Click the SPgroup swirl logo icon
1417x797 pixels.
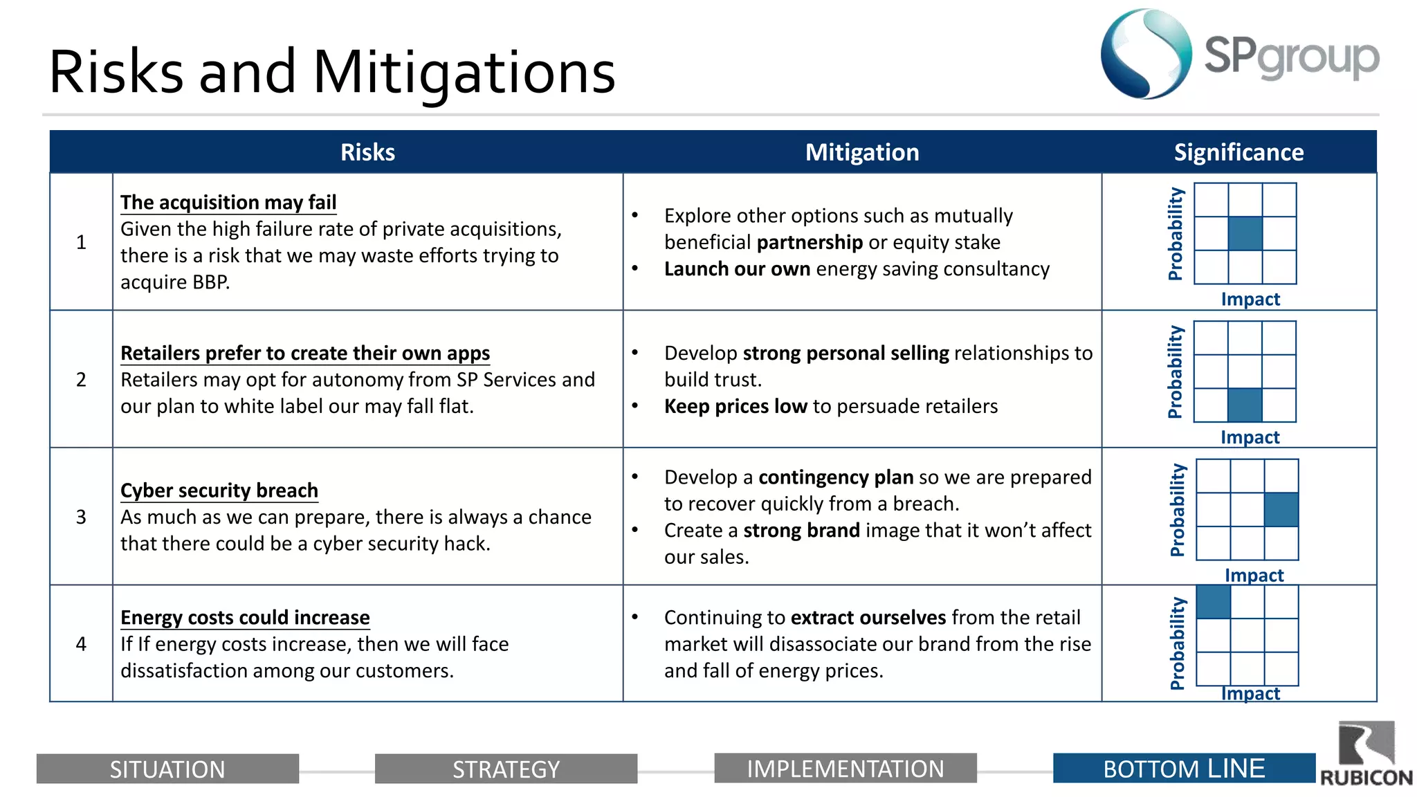(x=1146, y=54)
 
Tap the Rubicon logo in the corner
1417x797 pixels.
(x=1366, y=754)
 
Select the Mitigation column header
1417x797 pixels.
(x=861, y=152)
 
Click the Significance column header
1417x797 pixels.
(x=1238, y=152)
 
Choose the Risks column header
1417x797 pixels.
(x=367, y=152)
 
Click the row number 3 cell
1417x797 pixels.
(x=81, y=517)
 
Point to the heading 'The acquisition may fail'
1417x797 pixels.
(x=228, y=202)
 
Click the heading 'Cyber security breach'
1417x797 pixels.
(x=219, y=491)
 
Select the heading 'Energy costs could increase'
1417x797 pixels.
(x=245, y=617)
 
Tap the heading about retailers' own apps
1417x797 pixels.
(x=305, y=353)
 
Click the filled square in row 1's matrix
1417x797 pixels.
(x=1245, y=233)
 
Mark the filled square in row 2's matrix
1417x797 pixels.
(x=1245, y=405)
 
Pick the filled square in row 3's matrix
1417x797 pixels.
(x=1281, y=510)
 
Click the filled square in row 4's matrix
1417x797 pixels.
(x=1213, y=602)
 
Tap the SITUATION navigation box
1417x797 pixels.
(x=167, y=769)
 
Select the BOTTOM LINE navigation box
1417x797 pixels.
(x=1183, y=769)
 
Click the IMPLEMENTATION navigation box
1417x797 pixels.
(x=845, y=769)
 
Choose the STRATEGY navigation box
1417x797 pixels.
(x=506, y=769)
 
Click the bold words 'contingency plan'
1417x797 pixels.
(x=836, y=477)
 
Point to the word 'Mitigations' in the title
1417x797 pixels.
(x=464, y=73)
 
